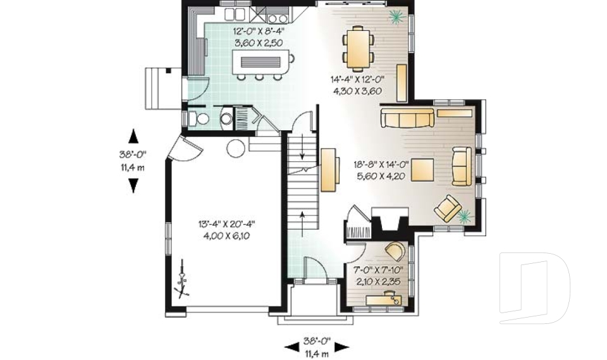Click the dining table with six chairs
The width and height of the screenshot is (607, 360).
point(358,47)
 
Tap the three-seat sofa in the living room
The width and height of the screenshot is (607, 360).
point(407,117)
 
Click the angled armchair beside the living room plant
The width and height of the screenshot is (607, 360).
point(448,209)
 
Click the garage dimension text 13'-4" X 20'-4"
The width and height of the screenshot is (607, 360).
point(226,223)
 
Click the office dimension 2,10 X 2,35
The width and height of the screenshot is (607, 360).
point(378,282)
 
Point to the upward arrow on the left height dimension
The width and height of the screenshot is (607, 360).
point(133,135)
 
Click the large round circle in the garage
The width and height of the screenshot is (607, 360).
point(235,149)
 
